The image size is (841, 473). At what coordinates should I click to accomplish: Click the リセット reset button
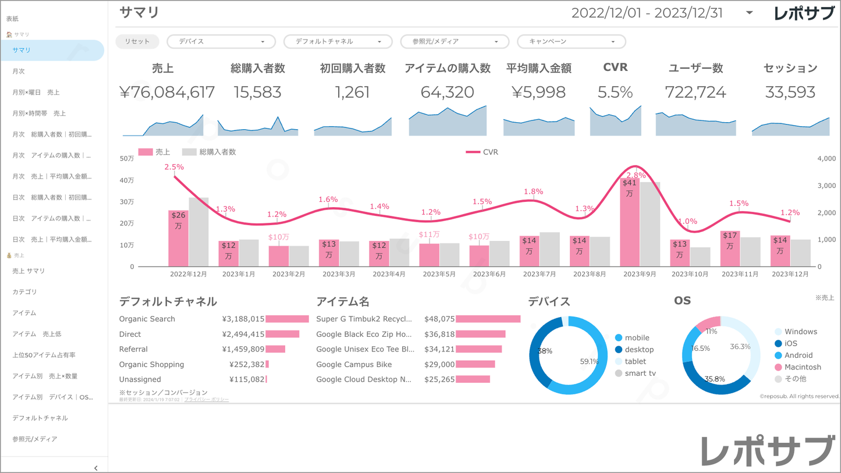point(137,42)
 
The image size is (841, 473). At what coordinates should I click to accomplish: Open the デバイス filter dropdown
point(221,42)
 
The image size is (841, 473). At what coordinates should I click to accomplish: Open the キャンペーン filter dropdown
point(571,42)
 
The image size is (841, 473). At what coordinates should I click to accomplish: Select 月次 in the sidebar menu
point(19,72)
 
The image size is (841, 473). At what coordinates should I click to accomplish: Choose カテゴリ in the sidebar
point(24,292)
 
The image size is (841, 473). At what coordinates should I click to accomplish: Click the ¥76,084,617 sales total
point(167,92)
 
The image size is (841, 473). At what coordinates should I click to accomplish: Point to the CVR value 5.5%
point(615,92)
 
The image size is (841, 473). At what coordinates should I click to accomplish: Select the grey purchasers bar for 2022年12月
point(198,233)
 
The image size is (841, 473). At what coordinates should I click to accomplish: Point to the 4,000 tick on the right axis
point(826,158)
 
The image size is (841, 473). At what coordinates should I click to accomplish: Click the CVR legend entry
point(482,152)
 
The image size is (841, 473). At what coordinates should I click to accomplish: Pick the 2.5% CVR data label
point(174,167)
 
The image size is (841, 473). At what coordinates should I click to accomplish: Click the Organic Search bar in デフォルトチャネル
point(287,319)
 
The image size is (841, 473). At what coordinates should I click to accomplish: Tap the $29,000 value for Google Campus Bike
point(439,365)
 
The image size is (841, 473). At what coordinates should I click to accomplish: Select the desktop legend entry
point(638,350)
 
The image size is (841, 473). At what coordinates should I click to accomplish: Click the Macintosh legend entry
point(802,367)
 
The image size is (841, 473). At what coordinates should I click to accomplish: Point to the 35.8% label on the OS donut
point(715,379)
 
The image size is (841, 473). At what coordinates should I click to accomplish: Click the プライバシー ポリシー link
point(206,400)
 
